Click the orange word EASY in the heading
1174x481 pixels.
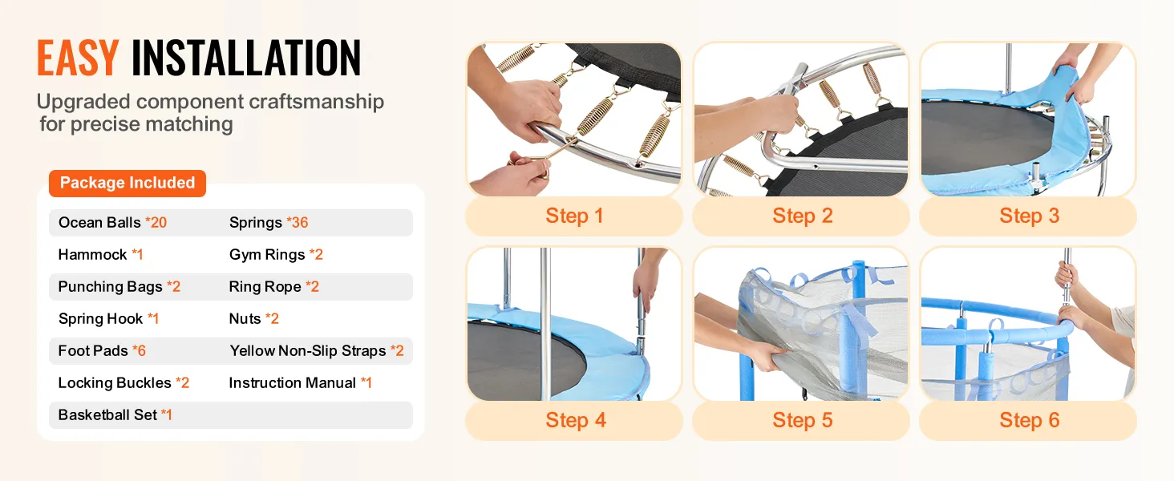coord(78,59)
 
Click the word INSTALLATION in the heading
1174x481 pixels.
coord(246,59)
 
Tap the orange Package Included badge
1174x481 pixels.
coord(128,183)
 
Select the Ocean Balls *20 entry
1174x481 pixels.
coord(113,223)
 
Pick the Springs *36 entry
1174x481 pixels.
coord(269,223)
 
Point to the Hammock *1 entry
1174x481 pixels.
coord(100,255)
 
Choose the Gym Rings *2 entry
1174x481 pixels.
coord(276,255)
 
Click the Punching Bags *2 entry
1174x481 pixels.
coord(119,287)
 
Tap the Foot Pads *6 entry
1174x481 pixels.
coord(102,350)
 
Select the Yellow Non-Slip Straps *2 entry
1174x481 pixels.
coord(317,350)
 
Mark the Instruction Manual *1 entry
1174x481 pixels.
coord(300,383)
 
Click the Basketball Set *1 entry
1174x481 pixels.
coord(115,415)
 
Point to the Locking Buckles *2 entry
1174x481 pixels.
coord(123,383)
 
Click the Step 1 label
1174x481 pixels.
coord(574,216)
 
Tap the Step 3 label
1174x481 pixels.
coord(1030,216)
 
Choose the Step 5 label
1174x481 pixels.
coord(803,420)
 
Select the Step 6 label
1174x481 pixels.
coord(1030,420)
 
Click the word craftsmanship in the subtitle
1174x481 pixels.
coord(316,102)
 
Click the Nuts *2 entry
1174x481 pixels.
coord(254,318)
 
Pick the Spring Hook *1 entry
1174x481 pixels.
coord(108,318)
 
